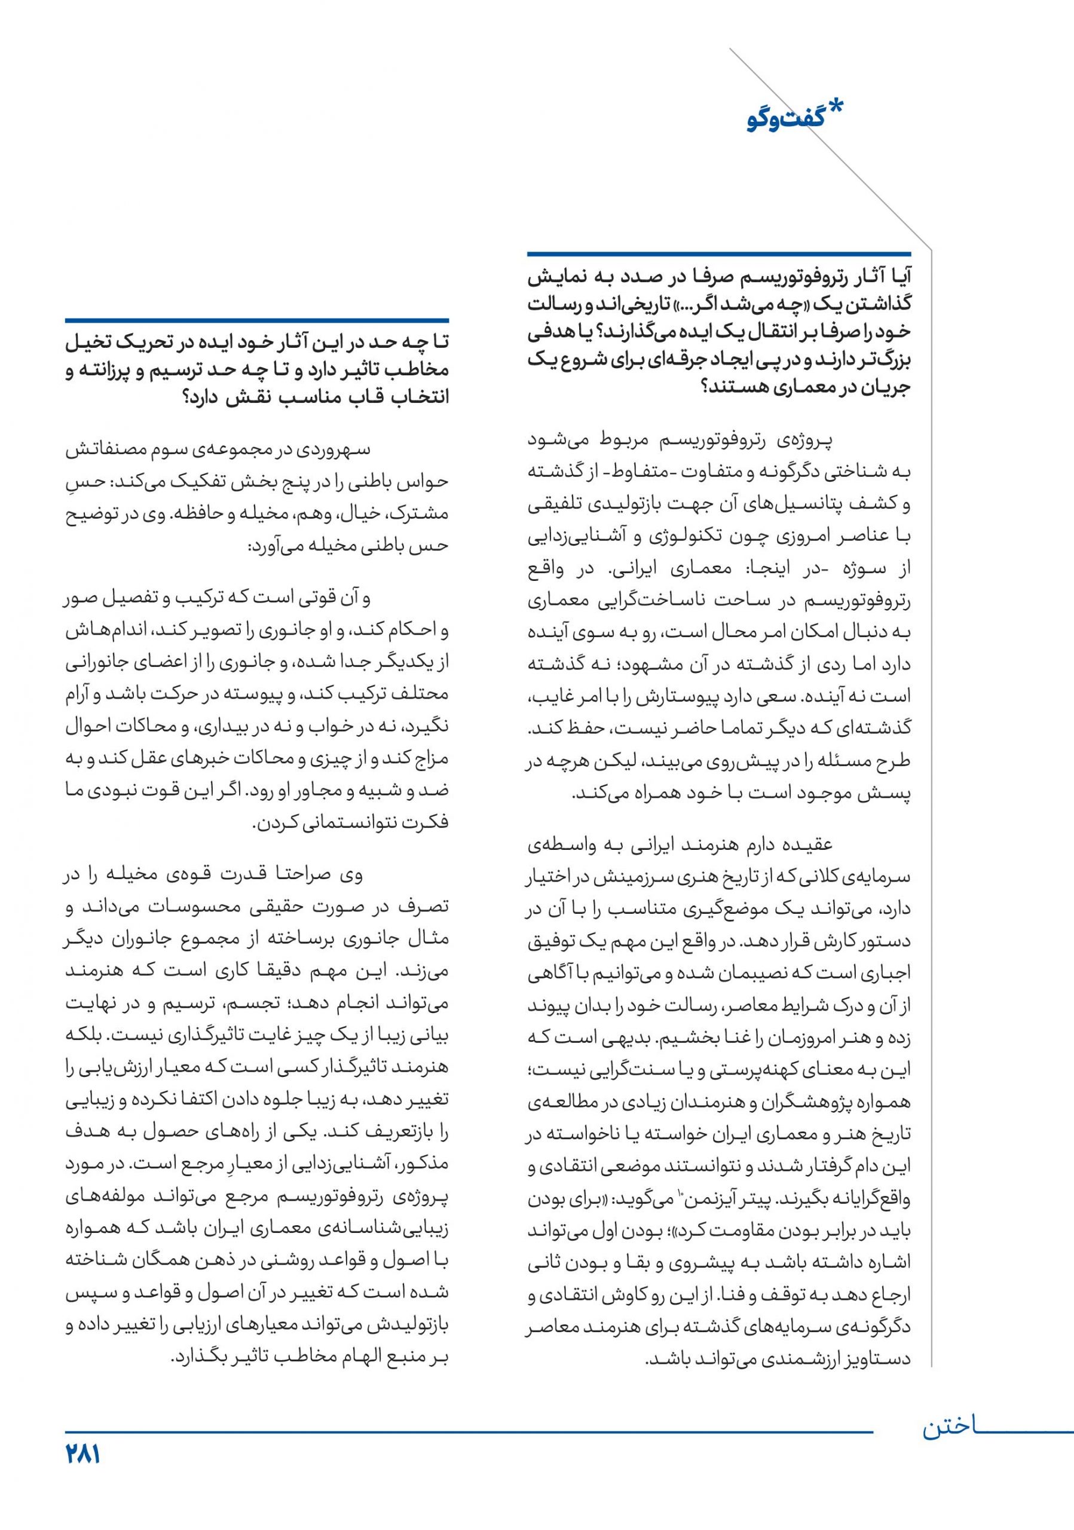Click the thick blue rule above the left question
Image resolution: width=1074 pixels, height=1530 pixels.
coord(256,320)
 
